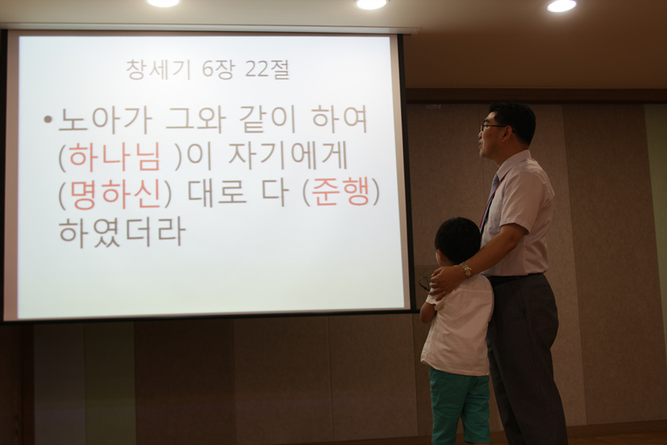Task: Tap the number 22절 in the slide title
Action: click(x=267, y=69)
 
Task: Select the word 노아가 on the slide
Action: click(x=104, y=120)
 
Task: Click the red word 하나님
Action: click(x=115, y=157)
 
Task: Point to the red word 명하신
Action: click(x=115, y=195)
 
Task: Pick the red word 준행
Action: click(x=341, y=194)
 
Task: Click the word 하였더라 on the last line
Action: click(x=121, y=232)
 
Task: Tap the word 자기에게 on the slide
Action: click(x=289, y=157)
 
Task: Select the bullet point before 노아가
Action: click(x=48, y=120)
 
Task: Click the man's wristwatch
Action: click(x=466, y=269)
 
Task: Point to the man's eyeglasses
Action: click(x=492, y=126)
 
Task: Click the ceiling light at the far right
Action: click(x=561, y=5)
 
